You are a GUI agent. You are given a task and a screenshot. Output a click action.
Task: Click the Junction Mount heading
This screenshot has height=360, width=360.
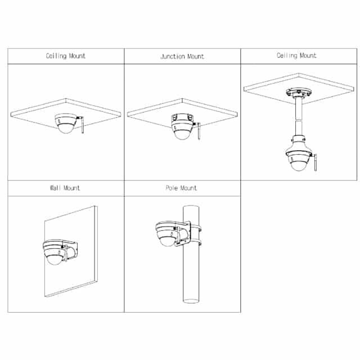[182, 56]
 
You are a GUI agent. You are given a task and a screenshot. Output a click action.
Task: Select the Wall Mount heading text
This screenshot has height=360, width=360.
[65, 188]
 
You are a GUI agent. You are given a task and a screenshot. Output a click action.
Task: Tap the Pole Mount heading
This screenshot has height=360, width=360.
[181, 188]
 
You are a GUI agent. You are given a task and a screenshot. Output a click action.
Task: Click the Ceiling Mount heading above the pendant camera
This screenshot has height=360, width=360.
[296, 56]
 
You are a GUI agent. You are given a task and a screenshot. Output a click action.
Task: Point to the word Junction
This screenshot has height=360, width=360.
[173, 56]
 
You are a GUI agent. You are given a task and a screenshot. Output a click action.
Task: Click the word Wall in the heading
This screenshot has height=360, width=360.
[55, 188]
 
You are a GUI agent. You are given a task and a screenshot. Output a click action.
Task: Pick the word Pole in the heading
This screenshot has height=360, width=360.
[172, 188]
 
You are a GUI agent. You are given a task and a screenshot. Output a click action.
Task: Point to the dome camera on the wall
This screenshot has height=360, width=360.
[55, 252]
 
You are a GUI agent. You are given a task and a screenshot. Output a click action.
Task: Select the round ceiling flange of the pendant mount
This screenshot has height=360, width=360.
[299, 92]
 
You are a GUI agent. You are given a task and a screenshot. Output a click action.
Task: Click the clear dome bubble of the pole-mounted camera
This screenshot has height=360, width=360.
[168, 240]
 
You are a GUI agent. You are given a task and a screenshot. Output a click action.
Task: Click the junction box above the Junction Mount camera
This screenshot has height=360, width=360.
[182, 117]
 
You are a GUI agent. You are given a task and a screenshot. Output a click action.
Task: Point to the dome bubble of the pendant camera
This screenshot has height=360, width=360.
[298, 166]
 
